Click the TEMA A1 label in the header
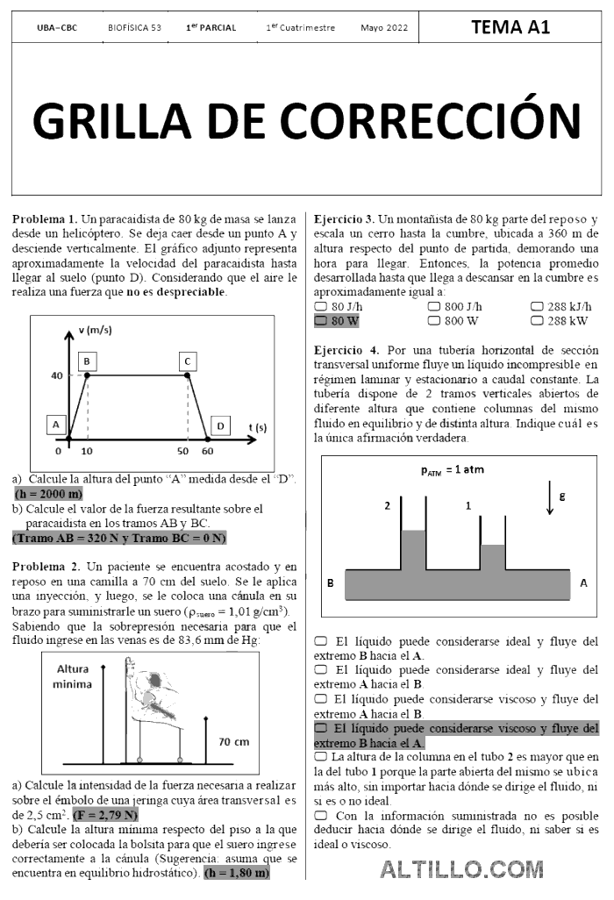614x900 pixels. pos(510,27)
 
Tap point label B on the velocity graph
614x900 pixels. pos(87,361)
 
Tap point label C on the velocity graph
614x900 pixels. pos(187,361)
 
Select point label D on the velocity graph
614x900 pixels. pos(220,425)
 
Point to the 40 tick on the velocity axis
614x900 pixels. pos(56,375)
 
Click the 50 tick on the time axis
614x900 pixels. pos(182,450)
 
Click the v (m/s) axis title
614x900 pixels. pos(96,330)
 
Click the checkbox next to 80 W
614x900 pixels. pos(321,321)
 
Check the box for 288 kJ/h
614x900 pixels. pos(537,307)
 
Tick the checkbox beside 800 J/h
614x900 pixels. pos(433,307)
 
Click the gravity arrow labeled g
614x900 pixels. pos(549,498)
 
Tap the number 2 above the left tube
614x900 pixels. pos(387,506)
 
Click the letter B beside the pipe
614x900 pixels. pos(331,582)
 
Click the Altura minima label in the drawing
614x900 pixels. pos(77,676)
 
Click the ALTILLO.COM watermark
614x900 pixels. pos(461,869)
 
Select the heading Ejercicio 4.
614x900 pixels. pos(346,349)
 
